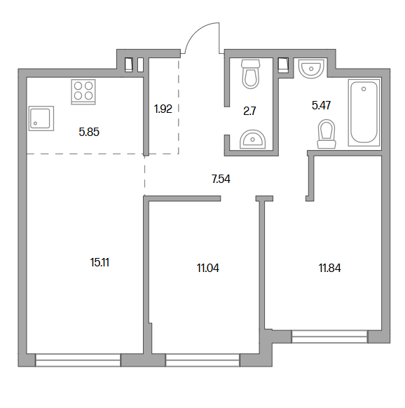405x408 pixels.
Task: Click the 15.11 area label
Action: pos(99,262)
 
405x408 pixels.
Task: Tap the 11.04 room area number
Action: pos(208,268)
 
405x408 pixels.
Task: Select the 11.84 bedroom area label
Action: pos(329,268)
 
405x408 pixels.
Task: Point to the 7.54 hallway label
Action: pos(221,179)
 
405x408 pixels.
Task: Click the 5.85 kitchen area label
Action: pos(89,132)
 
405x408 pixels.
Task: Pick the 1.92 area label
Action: pos(163,109)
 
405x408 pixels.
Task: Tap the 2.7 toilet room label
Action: pos(249,111)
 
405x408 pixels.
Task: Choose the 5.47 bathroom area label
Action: pos(321,105)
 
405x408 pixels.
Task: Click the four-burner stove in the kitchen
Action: pos(83,92)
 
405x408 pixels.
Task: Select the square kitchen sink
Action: pos(41,118)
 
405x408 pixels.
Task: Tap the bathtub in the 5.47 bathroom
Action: pos(364,112)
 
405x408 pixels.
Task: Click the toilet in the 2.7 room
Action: pos(251,74)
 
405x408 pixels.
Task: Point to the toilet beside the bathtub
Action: pos(327,134)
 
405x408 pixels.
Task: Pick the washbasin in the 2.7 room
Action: pos(252,140)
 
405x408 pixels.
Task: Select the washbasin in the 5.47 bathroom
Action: pos(311,69)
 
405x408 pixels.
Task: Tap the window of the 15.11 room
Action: pos(78,360)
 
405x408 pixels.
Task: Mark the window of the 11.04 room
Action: pos(202,360)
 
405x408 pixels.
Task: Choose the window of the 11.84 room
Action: pos(329,336)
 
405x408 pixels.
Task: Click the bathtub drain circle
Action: pos(364,89)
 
